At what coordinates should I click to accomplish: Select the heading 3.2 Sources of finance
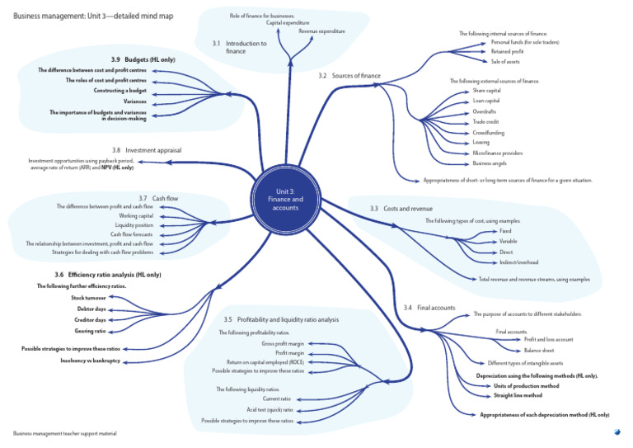pyautogui.click(x=349, y=76)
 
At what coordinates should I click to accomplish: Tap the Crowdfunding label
pyautogui.click(x=489, y=133)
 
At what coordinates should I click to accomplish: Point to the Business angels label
pyautogui.click(x=490, y=163)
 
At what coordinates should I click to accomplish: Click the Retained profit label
pyautogui.click(x=507, y=51)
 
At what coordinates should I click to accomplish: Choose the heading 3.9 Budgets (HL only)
pyautogui.click(x=143, y=59)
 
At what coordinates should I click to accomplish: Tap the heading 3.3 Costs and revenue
pyautogui.click(x=397, y=209)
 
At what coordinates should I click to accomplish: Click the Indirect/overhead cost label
pyautogui.click(x=518, y=262)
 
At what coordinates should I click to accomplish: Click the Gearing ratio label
pyautogui.click(x=90, y=331)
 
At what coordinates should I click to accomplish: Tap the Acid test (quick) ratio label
pyautogui.click(x=270, y=409)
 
